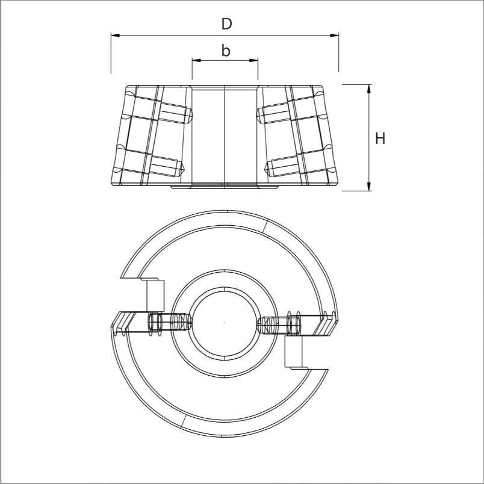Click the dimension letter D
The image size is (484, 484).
226,24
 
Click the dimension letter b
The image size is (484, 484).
226,51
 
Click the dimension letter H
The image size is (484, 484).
380,138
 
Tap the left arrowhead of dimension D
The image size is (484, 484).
115,35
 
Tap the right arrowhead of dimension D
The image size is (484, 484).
334,35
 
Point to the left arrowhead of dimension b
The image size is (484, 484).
196,60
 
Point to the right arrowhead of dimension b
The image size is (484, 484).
253,60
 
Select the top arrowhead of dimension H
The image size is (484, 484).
368,89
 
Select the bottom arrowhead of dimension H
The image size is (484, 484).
368,187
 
